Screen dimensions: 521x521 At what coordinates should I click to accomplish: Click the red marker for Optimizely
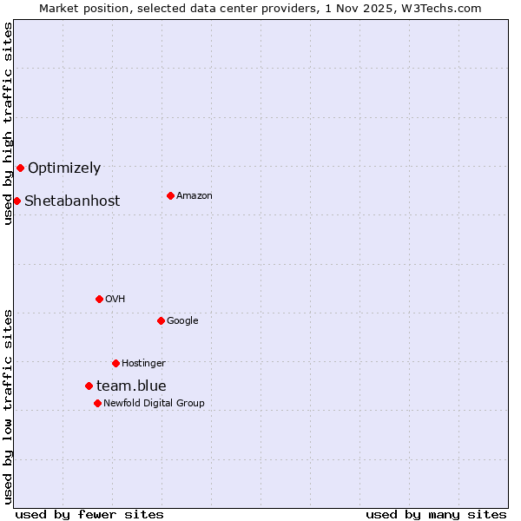[x=20, y=168]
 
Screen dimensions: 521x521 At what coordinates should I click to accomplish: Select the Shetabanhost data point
[x=16, y=201]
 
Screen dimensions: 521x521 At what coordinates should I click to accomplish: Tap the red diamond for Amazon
[x=170, y=195]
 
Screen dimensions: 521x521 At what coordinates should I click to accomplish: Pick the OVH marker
[x=99, y=299]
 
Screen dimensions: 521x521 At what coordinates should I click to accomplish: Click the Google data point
[x=161, y=320]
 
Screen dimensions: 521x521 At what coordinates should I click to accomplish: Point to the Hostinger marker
[x=115, y=363]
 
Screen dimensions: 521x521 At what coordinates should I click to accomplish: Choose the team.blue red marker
[x=89, y=386]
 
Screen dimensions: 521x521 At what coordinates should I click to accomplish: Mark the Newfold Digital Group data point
[x=97, y=403]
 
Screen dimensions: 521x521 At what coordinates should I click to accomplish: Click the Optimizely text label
[x=64, y=168]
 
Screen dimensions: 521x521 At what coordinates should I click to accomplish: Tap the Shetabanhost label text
[x=72, y=201]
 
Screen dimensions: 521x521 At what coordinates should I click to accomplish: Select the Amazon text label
[x=195, y=196]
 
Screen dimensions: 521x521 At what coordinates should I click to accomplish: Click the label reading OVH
[x=115, y=300]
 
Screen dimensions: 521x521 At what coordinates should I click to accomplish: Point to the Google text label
[x=182, y=321]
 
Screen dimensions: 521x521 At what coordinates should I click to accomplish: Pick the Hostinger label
[x=143, y=364]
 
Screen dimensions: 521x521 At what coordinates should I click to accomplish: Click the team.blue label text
[x=131, y=386]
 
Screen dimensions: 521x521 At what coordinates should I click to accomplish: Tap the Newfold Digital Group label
[x=154, y=404]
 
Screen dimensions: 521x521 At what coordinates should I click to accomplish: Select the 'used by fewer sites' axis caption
[x=89, y=514]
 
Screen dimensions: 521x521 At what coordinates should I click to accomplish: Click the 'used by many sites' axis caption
[x=436, y=514]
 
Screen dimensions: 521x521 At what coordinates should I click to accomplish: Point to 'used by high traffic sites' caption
[x=9, y=123]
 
